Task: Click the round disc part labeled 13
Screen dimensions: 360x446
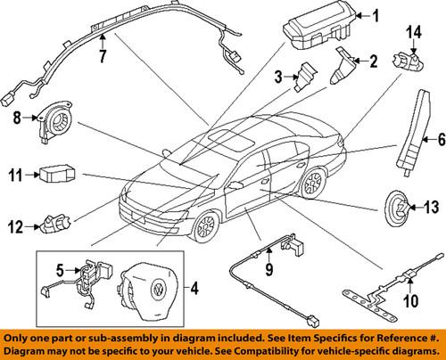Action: click(395, 233)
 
